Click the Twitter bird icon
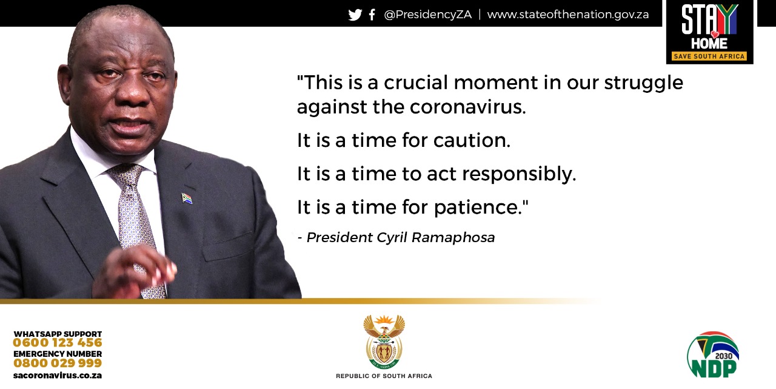coord(355,15)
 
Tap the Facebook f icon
coord(372,15)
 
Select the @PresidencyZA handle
coord(428,14)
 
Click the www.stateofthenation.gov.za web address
coord(568,14)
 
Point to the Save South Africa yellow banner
coord(709,56)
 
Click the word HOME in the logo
coord(709,43)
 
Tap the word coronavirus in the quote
coord(468,107)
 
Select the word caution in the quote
coord(472,140)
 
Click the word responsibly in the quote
coord(519,174)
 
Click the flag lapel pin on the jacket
coord(187,198)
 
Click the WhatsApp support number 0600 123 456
coord(58,342)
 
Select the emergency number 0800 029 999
coord(58,363)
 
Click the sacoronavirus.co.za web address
coord(58,376)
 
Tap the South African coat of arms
coord(384,342)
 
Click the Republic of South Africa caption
coord(384,376)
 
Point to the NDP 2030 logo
coord(713,354)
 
